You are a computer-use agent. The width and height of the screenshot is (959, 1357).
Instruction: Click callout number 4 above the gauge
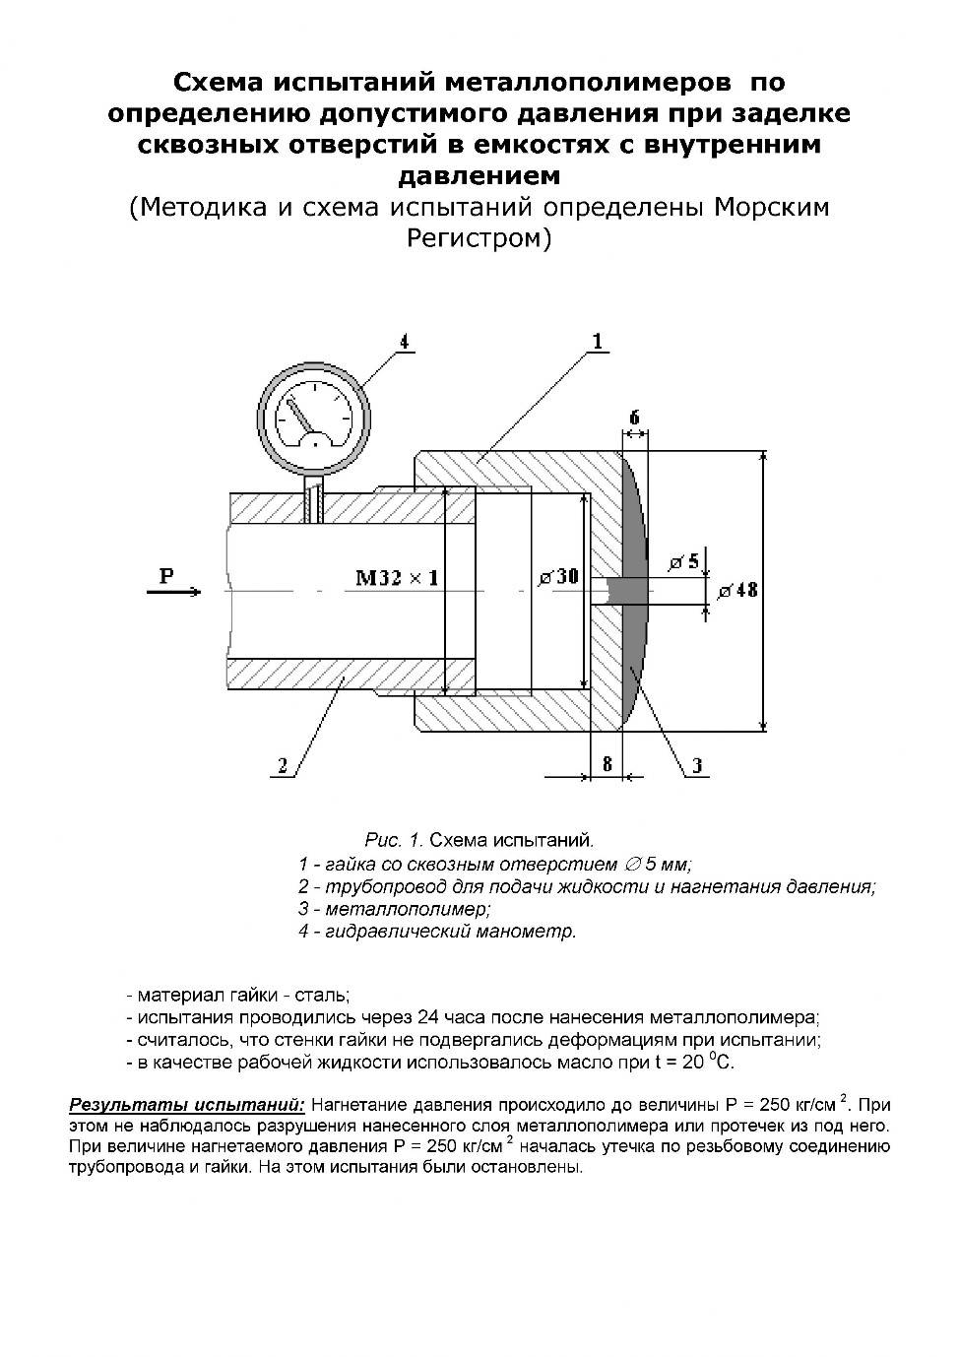(x=402, y=342)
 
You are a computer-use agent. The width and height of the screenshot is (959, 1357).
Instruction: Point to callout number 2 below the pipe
(x=283, y=765)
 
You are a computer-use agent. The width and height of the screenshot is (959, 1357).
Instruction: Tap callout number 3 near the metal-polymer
(x=696, y=765)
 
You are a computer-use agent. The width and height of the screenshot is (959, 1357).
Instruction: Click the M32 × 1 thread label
(x=397, y=578)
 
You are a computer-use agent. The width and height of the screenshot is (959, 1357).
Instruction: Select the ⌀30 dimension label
(x=558, y=577)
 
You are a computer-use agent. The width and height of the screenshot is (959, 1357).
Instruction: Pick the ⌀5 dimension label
(x=683, y=562)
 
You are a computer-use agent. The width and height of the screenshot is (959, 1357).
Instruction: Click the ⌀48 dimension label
(x=738, y=591)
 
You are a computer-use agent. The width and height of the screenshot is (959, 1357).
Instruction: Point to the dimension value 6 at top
(x=635, y=418)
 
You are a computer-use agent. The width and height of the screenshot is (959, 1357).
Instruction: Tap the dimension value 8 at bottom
(x=607, y=764)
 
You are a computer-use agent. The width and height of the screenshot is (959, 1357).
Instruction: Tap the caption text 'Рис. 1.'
(x=394, y=841)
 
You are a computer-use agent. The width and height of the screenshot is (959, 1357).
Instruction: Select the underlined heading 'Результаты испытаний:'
(x=187, y=1104)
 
